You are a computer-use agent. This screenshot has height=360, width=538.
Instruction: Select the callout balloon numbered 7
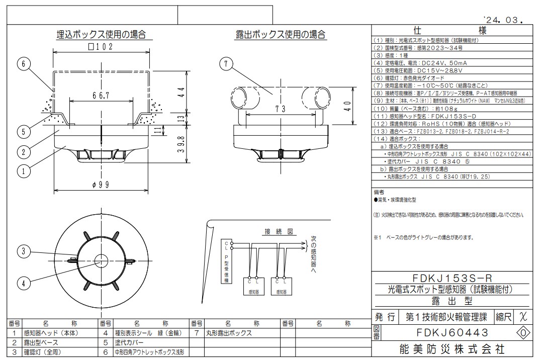coord(227,64)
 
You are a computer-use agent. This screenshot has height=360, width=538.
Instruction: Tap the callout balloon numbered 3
coord(23,250)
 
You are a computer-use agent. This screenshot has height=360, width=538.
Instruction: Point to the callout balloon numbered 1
coord(23,171)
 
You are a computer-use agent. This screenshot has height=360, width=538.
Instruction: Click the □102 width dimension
coord(101,47)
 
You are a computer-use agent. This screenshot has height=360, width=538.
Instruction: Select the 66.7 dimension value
coord(101,95)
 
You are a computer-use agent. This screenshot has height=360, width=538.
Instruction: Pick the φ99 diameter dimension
coord(101,185)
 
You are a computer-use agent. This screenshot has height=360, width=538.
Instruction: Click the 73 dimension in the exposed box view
coord(281,109)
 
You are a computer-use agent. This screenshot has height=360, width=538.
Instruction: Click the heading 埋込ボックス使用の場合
coord(101,35)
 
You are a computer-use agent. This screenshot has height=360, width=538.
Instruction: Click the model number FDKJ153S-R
coord(451,279)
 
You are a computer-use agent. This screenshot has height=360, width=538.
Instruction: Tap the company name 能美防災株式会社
coord(451,348)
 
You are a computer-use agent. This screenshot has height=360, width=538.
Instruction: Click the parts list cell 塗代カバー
coord(129,342)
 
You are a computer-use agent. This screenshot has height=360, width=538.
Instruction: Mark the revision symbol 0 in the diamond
coord(523,332)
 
